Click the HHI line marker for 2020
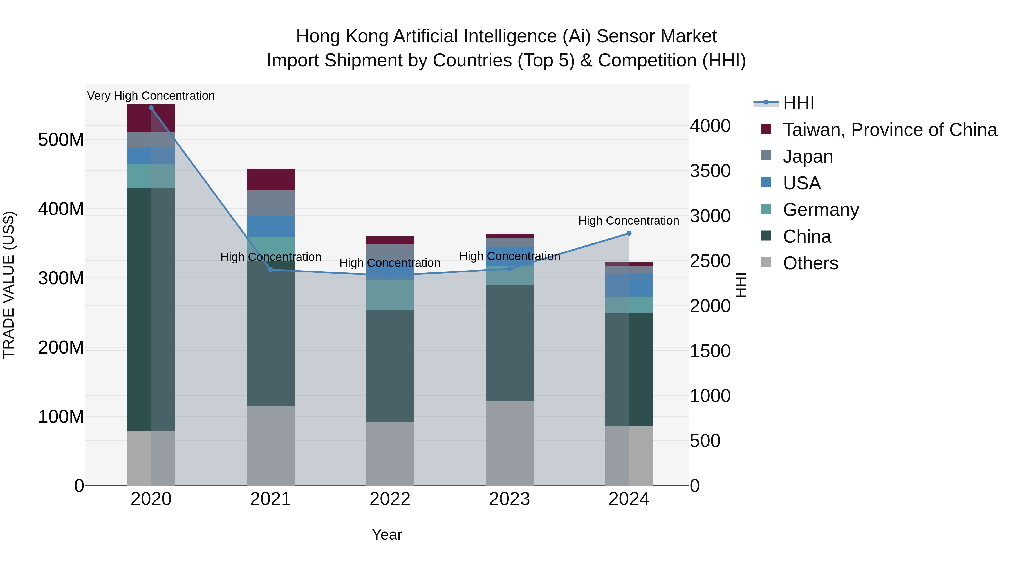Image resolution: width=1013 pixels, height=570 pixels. [151, 108]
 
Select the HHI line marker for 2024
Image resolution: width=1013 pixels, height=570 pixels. [629, 234]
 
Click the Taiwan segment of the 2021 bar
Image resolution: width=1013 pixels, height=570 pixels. [270, 179]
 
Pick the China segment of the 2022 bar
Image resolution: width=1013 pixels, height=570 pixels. [390, 366]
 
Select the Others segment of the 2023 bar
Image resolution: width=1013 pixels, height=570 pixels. [509, 443]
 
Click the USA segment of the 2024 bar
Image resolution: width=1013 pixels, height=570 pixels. [629, 286]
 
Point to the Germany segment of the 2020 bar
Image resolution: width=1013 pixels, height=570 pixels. [151, 176]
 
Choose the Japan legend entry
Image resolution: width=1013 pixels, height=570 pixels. [807, 157]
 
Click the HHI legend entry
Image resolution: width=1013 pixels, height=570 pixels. [798, 103]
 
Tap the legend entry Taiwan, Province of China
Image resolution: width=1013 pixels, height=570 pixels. [889, 130]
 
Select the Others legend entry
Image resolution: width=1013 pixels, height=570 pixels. [810, 263]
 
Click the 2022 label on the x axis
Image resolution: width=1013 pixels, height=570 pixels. [390, 499]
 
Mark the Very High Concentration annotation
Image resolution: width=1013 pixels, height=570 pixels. [151, 96]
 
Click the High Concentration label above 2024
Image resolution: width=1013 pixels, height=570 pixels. [628, 221]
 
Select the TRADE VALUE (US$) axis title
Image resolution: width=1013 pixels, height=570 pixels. [9, 285]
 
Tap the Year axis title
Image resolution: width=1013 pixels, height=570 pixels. [387, 535]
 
